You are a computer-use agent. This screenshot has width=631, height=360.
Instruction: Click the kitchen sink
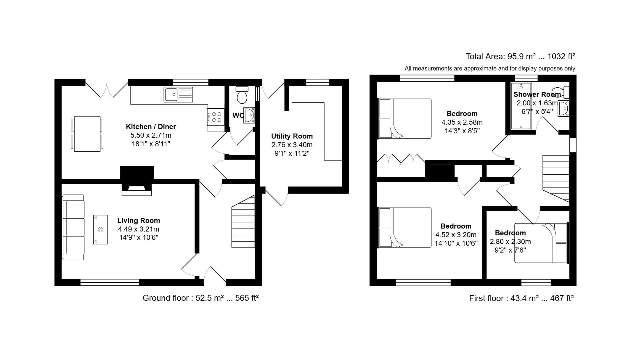(x=178, y=94)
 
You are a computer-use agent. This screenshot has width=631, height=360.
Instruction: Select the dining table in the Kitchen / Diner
(x=87, y=134)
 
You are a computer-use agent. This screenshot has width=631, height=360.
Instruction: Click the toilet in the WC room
(x=242, y=95)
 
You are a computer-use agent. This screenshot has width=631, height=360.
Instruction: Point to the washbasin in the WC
(x=249, y=115)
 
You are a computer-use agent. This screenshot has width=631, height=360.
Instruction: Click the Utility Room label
(x=292, y=136)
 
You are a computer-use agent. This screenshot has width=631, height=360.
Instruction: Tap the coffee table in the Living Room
(x=100, y=230)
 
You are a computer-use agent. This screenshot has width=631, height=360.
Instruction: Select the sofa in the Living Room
(x=73, y=227)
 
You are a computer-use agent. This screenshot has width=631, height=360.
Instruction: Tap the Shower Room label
(x=537, y=95)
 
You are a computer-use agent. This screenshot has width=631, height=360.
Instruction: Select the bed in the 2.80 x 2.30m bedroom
(x=541, y=243)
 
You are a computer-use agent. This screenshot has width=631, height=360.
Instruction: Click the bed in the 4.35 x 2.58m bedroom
(x=405, y=119)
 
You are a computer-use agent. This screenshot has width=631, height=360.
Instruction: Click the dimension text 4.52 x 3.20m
(x=456, y=235)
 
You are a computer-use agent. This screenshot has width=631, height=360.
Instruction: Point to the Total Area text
(x=520, y=57)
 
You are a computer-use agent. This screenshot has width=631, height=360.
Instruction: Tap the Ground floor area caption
(x=200, y=298)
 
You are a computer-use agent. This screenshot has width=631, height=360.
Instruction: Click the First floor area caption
(x=521, y=298)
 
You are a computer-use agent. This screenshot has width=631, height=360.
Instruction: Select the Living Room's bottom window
(x=110, y=283)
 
